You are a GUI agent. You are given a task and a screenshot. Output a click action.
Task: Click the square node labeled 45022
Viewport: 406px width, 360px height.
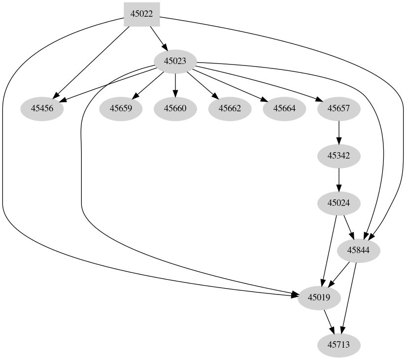pos(141,14)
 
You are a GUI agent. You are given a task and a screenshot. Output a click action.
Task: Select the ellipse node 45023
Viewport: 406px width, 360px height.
pos(175,62)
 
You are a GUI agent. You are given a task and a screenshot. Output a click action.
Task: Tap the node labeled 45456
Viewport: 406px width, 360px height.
pos(42,108)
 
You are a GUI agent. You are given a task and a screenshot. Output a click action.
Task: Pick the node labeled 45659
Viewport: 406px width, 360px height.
pos(121,108)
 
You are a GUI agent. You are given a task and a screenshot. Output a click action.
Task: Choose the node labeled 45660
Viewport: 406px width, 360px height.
pos(175,108)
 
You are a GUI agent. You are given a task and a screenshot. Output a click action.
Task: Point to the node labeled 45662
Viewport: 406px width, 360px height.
pos(230,108)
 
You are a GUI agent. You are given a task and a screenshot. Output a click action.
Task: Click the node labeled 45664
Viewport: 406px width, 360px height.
pos(284,108)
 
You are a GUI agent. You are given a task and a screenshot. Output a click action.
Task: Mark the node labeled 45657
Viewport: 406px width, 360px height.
pos(339,108)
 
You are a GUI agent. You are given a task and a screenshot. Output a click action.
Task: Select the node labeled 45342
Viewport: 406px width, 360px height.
pos(339,156)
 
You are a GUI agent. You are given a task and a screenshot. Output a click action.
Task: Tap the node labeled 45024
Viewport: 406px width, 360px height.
pos(339,203)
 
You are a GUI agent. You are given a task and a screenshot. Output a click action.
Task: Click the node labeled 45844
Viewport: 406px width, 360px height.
pos(359,250)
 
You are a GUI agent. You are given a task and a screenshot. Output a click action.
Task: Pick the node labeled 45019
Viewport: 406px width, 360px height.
pos(319,297)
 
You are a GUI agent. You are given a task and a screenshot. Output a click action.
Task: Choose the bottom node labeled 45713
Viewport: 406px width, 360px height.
pos(339,345)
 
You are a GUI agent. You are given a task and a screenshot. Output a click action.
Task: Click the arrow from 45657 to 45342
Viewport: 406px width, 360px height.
pos(339,132)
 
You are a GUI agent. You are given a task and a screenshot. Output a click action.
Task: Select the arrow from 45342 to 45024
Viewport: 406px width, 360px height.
pos(339,179)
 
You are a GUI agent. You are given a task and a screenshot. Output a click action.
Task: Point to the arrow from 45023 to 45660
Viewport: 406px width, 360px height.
pos(175,85)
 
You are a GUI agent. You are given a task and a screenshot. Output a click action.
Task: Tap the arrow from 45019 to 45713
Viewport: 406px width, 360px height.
pos(329,321)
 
